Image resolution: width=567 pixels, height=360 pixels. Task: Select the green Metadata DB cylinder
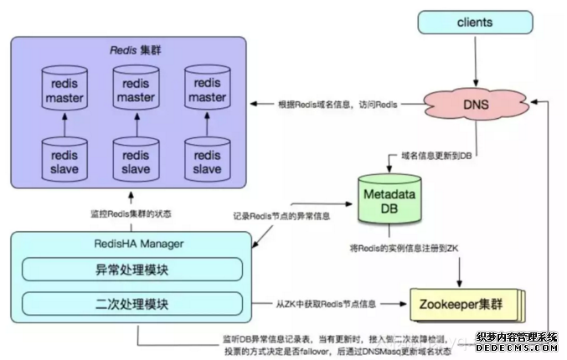click(x=388, y=202)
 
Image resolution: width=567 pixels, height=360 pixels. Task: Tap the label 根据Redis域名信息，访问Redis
click(x=338, y=105)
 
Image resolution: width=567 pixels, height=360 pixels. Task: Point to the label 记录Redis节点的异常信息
click(x=281, y=216)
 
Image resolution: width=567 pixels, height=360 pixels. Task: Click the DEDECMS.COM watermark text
click(x=516, y=347)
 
